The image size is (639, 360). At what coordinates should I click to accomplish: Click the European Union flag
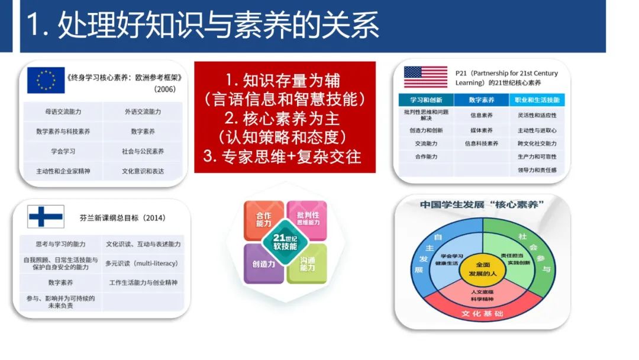tap(46, 81)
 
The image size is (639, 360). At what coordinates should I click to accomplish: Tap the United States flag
tap(425, 77)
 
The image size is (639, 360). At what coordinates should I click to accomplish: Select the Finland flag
tap(46, 217)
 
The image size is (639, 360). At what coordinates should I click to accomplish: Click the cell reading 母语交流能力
tap(63, 111)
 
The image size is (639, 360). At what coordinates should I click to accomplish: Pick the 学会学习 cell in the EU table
tap(63, 151)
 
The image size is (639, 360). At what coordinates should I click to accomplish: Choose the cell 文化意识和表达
tap(143, 171)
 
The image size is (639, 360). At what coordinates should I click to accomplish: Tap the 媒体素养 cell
tap(482, 130)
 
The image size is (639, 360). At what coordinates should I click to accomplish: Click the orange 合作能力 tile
tap(264, 220)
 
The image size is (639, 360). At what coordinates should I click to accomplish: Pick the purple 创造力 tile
tap(263, 264)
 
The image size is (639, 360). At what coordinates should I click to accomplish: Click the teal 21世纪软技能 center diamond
tap(285, 242)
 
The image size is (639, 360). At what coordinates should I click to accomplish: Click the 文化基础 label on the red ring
tap(483, 313)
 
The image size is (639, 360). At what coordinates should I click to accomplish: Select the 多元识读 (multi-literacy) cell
tap(141, 263)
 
